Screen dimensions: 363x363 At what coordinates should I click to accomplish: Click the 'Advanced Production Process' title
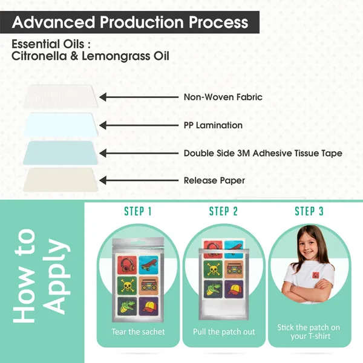(130, 22)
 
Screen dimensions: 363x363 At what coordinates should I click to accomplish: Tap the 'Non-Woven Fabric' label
(223, 97)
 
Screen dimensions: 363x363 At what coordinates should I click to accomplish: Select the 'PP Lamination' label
(213, 125)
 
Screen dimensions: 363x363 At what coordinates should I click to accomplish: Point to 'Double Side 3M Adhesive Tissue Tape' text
(263, 153)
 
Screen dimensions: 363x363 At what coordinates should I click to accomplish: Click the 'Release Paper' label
(214, 180)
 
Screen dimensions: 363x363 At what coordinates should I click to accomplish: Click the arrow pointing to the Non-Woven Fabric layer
(139, 97)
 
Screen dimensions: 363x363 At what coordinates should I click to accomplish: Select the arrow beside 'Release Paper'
(139, 180)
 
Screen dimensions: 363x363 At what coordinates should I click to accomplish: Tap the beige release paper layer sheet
(60, 180)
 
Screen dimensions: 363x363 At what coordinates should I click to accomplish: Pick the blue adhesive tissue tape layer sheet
(60, 152)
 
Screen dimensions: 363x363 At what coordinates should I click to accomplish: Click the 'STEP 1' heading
(138, 211)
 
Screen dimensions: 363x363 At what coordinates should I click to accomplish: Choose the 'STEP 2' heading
(223, 211)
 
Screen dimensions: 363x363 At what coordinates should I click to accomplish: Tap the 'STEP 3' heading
(309, 211)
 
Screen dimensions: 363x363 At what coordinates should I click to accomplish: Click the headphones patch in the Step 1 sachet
(127, 264)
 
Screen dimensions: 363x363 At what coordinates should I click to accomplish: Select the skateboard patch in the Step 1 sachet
(148, 264)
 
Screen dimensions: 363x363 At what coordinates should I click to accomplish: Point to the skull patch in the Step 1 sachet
(127, 286)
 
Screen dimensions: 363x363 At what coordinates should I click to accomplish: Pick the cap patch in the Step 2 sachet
(234, 289)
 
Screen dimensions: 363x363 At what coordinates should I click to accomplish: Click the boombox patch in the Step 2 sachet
(234, 269)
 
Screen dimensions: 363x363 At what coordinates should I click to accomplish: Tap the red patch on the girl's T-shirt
(316, 275)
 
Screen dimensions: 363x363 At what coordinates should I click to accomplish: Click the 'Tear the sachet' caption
(138, 332)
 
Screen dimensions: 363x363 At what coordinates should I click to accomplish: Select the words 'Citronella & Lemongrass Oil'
(90, 56)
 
